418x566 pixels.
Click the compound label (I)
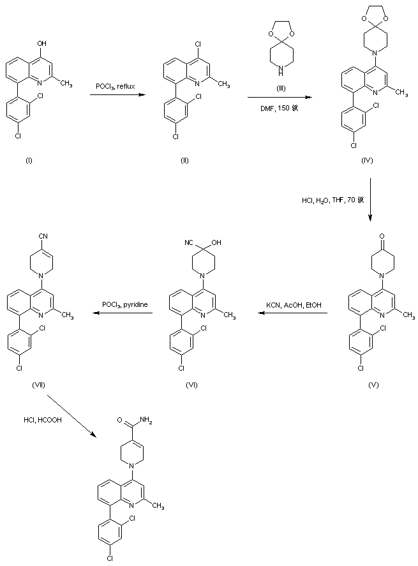coord(28,160)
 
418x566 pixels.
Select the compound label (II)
coord(184,160)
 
